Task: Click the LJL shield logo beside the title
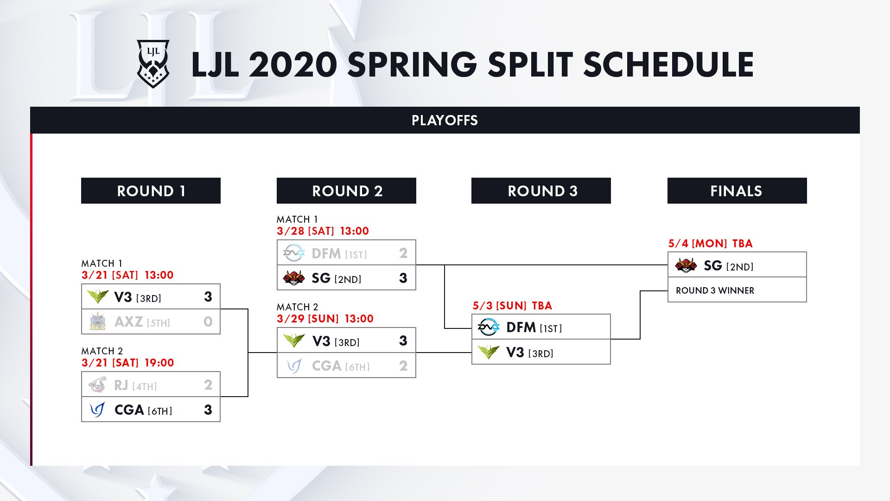click(x=153, y=64)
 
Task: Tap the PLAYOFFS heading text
click(x=445, y=121)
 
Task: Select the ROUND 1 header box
click(x=151, y=191)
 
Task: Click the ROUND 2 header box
click(x=346, y=191)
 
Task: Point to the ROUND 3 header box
click(x=541, y=191)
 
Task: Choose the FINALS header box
click(x=737, y=191)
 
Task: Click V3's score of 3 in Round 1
click(x=208, y=297)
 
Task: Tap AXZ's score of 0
click(x=208, y=321)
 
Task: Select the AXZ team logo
click(x=98, y=321)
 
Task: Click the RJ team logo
click(x=98, y=385)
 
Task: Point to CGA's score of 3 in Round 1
click(x=208, y=410)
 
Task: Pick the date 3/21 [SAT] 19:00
click(x=127, y=363)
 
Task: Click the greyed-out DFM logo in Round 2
click(x=294, y=253)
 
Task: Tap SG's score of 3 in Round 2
click(x=403, y=278)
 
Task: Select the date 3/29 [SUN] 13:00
click(x=325, y=319)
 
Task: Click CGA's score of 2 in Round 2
click(x=403, y=366)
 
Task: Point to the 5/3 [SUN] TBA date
click(x=512, y=306)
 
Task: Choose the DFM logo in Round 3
click(x=489, y=327)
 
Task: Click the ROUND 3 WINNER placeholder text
click(x=715, y=290)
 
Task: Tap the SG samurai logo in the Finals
click(x=686, y=265)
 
